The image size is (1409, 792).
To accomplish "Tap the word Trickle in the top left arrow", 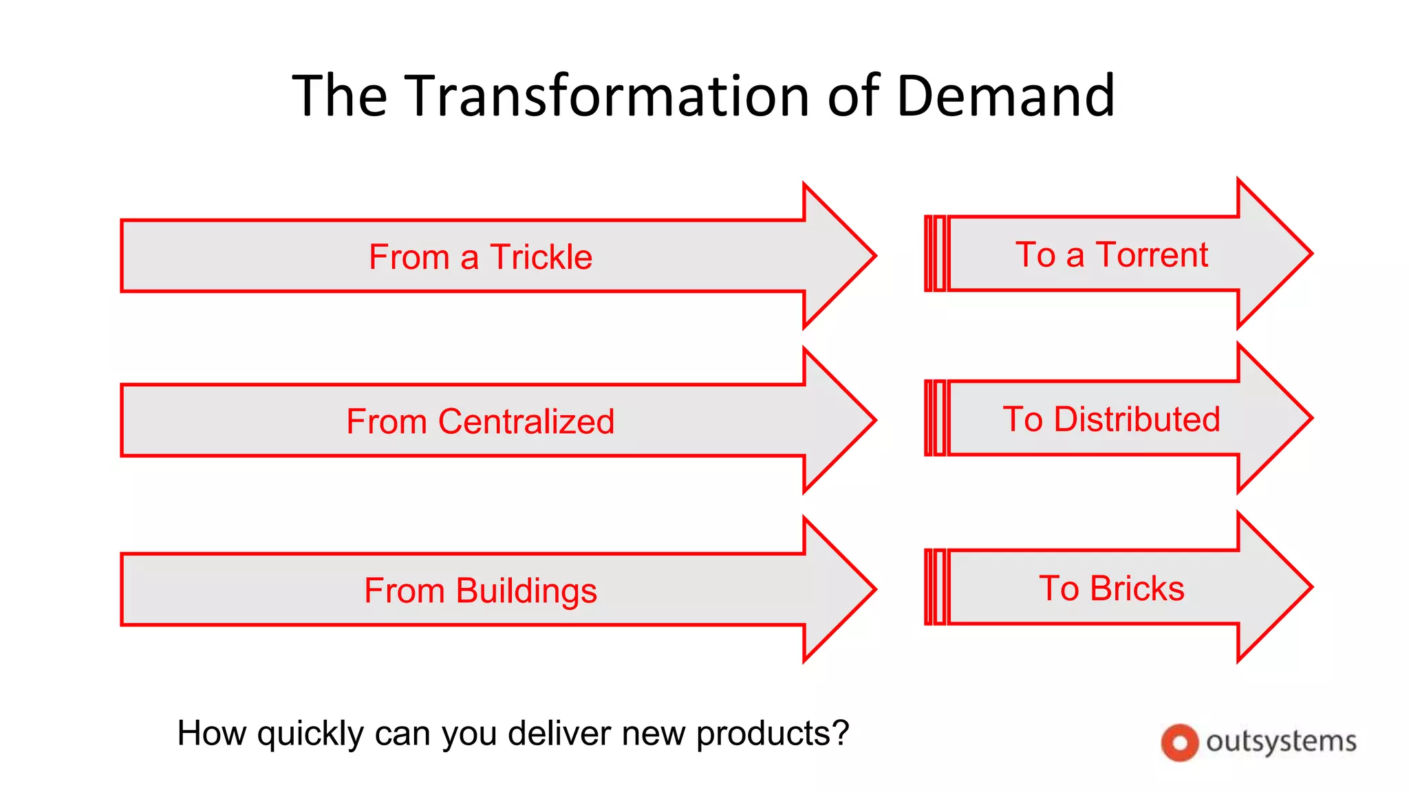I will click(x=541, y=257).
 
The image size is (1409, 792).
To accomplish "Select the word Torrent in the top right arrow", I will click(x=1152, y=254).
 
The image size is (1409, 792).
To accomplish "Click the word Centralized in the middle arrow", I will click(x=526, y=421).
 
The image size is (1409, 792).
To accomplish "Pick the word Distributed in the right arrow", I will click(x=1137, y=419).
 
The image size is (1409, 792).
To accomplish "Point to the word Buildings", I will click(x=526, y=591).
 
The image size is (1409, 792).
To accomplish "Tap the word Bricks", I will click(x=1137, y=588).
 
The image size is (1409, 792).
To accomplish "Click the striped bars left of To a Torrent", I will click(x=935, y=254).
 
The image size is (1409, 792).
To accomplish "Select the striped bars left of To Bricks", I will click(x=935, y=587).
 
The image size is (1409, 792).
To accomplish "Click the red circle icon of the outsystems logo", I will click(x=1179, y=742).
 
